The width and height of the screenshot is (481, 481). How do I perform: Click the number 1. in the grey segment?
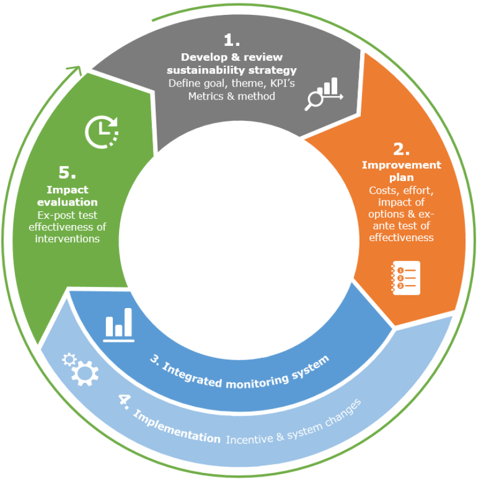[231, 40]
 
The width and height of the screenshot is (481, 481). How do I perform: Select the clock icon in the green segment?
[102, 131]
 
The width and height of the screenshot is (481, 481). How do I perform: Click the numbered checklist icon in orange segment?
[405, 278]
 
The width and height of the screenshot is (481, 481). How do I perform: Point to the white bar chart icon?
[119, 325]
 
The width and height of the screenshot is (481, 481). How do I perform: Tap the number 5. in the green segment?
[68, 172]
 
